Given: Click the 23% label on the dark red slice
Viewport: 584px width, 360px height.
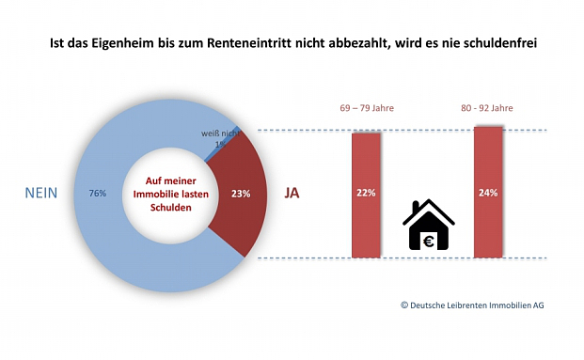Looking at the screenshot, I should pyautogui.click(x=240, y=194).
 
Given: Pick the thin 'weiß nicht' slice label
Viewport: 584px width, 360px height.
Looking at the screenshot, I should pyautogui.click(x=219, y=139).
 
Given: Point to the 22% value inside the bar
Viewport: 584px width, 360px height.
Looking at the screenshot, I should pyautogui.click(x=366, y=193).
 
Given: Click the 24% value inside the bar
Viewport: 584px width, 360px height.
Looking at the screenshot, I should pyautogui.click(x=487, y=193).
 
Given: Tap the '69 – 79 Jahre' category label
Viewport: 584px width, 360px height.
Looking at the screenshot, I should pyautogui.click(x=367, y=108).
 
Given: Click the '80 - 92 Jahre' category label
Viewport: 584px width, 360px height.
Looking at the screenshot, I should pyautogui.click(x=488, y=108).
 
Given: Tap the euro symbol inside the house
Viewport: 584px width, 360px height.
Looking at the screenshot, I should pyautogui.click(x=428, y=241).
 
